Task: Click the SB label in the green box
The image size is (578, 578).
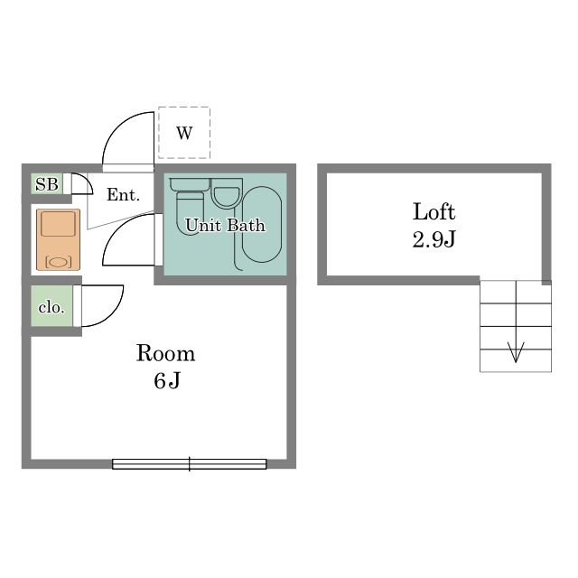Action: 47,184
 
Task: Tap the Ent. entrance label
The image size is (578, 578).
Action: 123,195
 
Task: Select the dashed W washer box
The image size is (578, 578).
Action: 184,133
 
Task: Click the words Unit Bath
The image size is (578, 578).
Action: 225,225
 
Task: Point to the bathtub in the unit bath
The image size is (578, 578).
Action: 262,225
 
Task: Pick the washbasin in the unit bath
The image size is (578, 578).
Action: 227,193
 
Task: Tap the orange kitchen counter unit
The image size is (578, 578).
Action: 58,239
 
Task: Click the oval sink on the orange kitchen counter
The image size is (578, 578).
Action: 58,262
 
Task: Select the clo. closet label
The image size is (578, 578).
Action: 51,307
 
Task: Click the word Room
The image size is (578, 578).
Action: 165,353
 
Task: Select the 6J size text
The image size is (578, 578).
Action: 167,381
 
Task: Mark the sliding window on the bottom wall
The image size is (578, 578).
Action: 189,463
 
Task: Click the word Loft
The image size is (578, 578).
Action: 433,211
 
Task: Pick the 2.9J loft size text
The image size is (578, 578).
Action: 433,239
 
